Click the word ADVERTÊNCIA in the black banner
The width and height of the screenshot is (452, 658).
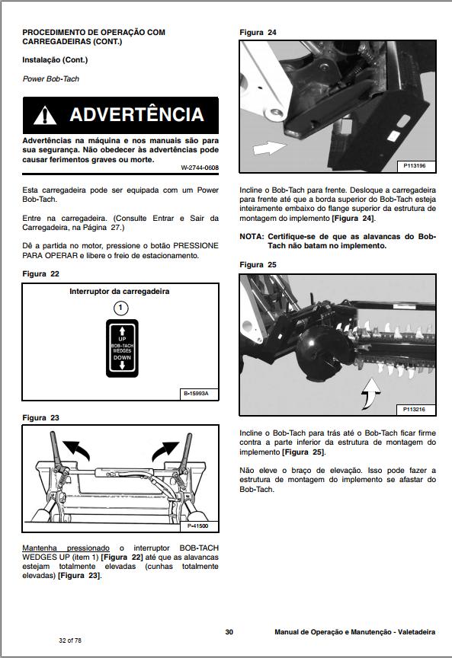(136, 115)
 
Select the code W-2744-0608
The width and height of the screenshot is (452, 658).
(200, 168)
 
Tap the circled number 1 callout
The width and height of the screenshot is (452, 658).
(119, 308)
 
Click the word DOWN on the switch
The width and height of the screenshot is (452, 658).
(121, 356)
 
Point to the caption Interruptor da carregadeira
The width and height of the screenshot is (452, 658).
(120, 292)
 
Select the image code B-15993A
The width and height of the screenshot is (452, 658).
(200, 394)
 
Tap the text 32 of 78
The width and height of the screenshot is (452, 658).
(70, 641)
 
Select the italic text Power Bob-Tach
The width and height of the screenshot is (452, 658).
(50, 79)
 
